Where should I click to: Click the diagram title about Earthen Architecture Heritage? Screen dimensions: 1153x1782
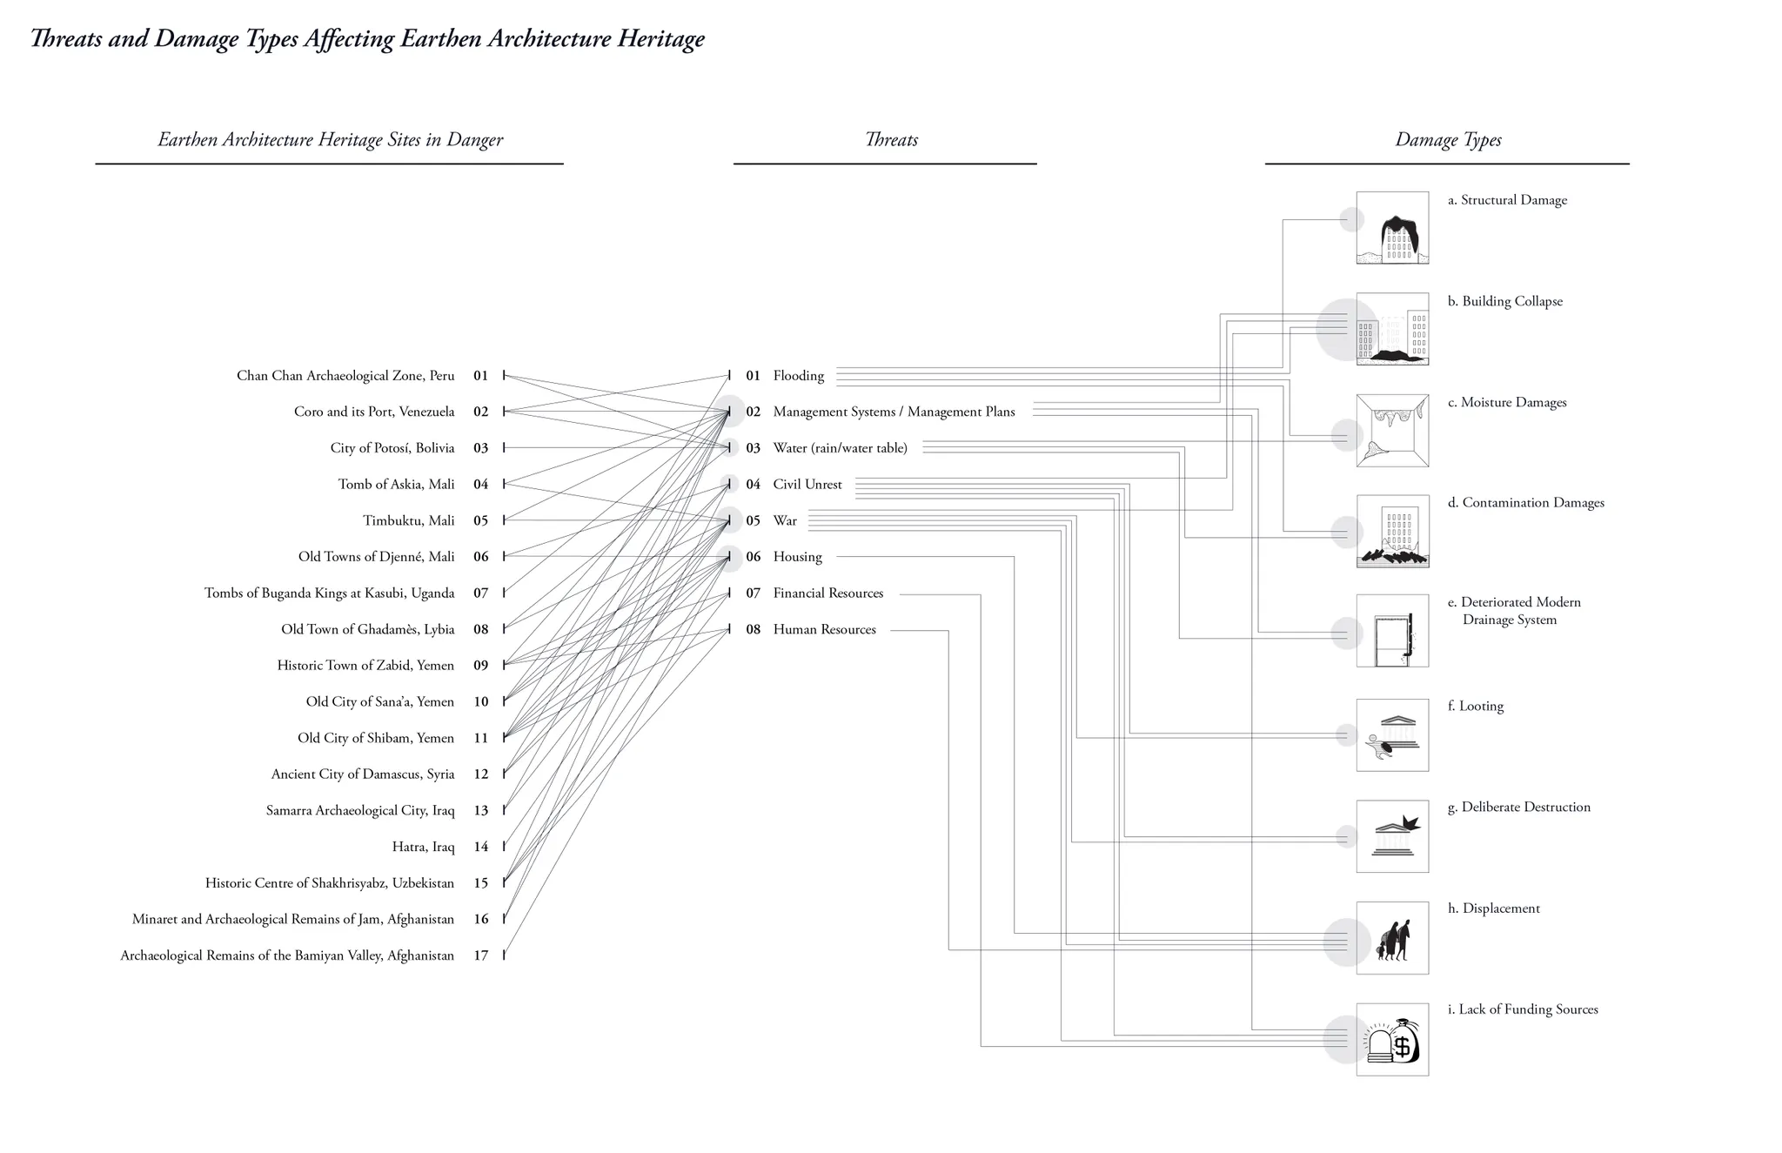(x=367, y=39)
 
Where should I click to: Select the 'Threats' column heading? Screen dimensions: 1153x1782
(x=891, y=140)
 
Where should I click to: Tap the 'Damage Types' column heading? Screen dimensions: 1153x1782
(x=1448, y=140)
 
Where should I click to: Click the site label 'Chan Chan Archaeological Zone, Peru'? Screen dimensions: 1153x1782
(x=345, y=376)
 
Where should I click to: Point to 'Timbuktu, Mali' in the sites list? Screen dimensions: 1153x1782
(x=408, y=520)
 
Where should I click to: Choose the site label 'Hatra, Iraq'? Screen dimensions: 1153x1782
(x=423, y=847)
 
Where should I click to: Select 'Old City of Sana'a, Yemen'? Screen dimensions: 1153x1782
(x=379, y=701)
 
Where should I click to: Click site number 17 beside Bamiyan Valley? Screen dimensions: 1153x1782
(x=480, y=955)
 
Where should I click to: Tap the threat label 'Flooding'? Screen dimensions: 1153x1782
(x=798, y=376)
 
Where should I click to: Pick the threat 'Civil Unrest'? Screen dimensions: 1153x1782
(x=807, y=485)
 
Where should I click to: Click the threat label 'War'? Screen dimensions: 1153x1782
(x=784, y=520)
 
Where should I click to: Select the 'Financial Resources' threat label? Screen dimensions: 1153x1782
(x=827, y=593)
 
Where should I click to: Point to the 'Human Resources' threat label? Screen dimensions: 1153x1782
(x=824, y=629)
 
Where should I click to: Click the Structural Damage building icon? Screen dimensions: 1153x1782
(x=1392, y=228)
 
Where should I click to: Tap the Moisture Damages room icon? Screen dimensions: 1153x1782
(x=1392, y=431)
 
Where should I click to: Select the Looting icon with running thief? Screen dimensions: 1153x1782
(x=1392, y=735)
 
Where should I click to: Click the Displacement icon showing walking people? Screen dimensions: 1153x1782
(x=1392, y=938)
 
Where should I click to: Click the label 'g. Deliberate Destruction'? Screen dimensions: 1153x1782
(x=1518, y=808)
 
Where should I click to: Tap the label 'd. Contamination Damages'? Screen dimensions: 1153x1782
(x=1525, y=503)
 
